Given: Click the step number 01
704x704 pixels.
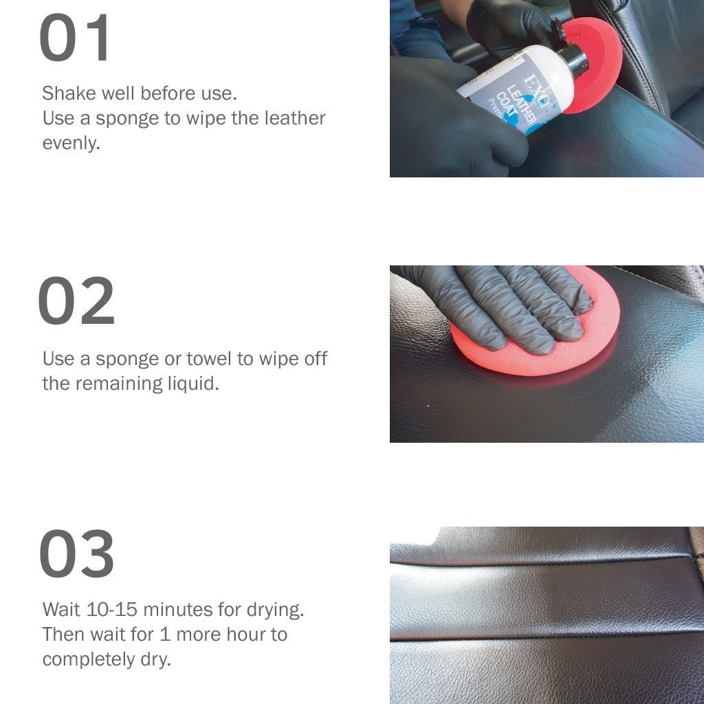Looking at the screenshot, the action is [x=74, y=37].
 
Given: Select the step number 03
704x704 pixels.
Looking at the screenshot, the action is [x=77, y=553].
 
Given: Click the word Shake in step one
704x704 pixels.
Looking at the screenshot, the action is [x=69, y=93].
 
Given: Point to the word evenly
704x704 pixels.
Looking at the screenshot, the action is [x=71, y=144].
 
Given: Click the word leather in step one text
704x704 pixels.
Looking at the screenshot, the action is [x=294, y=118].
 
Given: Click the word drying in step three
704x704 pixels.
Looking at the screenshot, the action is [x=275, y=610].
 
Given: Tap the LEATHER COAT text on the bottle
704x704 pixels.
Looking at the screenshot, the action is [x=515, y=106].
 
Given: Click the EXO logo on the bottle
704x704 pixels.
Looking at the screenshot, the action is [x=536, y=90].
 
